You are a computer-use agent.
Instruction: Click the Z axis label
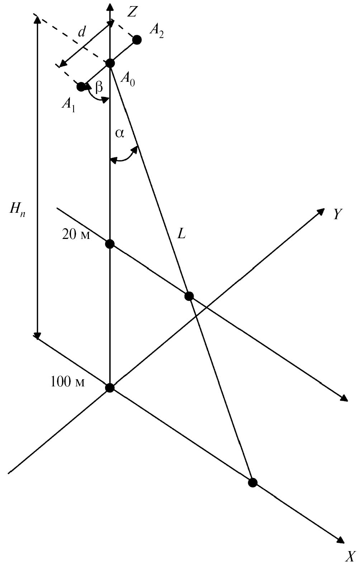[x=132, y=11]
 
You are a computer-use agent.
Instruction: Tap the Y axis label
[x=338, y=214]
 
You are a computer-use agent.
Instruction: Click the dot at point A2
[x=137, y=40]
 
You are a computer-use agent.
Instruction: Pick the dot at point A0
[x=110, y=63]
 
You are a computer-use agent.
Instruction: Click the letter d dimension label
[x=81, y=33]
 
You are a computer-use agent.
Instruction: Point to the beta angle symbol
[x=99, y=88]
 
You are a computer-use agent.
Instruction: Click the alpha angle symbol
[x=120, y=134]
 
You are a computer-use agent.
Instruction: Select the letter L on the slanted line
[x=181, y=234]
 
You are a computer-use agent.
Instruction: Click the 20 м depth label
[x=76, y=235]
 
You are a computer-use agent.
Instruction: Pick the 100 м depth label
[x=67, y=382]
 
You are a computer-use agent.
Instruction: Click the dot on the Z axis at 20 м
[x=110, y=244]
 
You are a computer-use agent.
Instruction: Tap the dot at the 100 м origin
[x=110, y=388]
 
